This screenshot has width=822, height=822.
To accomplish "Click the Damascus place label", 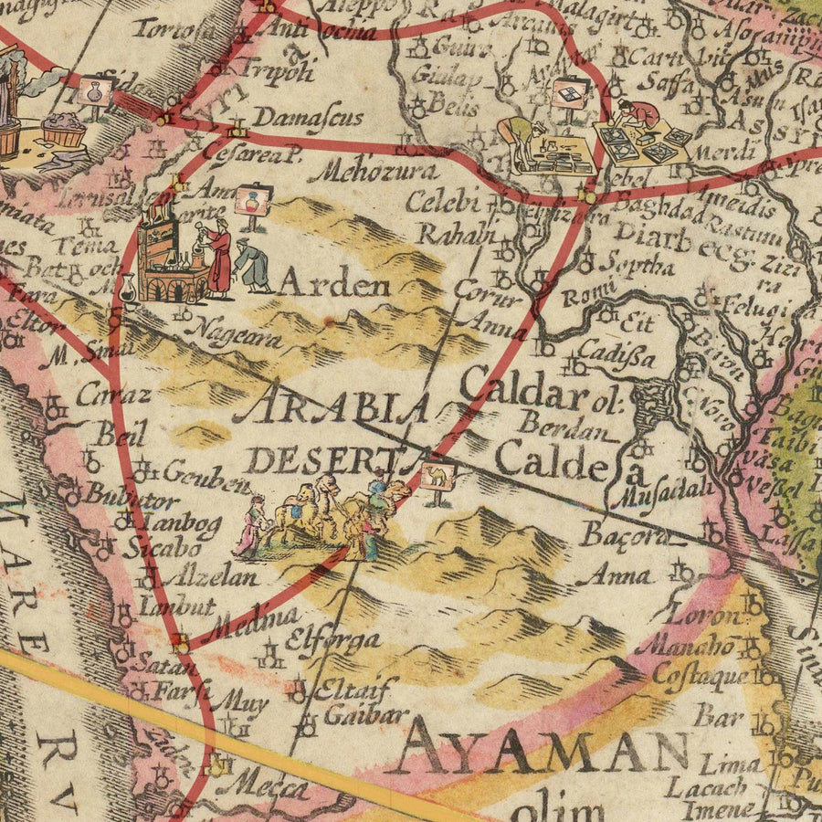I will [308, 118].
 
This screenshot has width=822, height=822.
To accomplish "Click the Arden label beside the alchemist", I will [333, 285].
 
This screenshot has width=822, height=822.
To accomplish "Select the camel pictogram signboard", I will [437, 476].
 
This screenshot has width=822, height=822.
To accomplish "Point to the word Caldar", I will [522, 390].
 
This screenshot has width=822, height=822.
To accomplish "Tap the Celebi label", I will [443, 201].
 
